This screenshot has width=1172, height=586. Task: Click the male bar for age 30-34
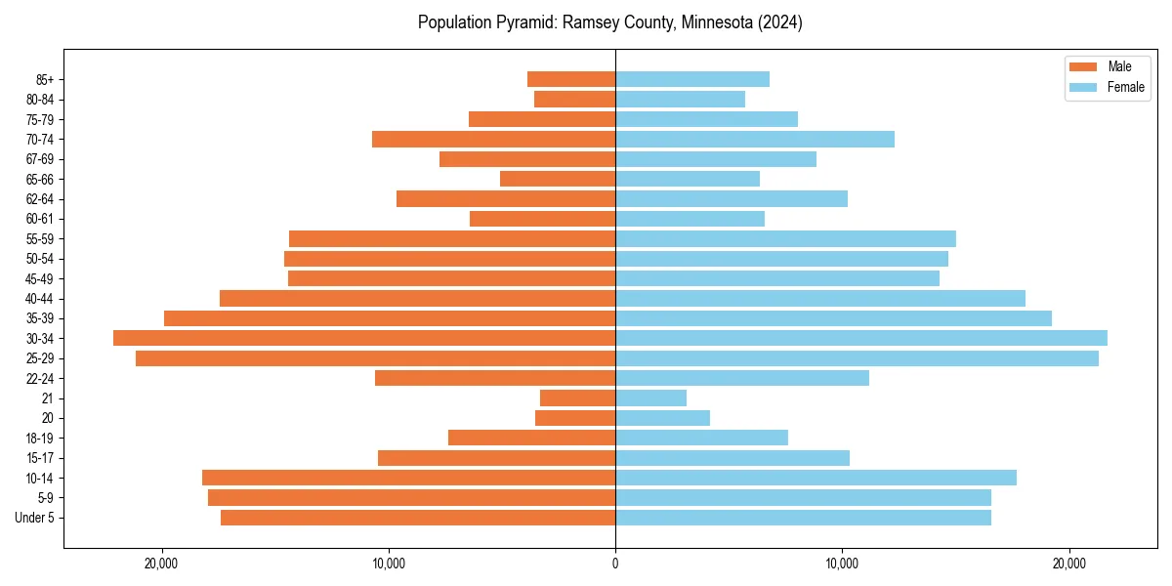point(364,338)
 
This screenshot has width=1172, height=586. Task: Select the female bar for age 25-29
point(857,358)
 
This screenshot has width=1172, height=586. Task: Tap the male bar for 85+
point(571,79)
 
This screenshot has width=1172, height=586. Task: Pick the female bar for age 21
point(650,398)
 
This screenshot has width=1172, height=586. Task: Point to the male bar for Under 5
point(418,518)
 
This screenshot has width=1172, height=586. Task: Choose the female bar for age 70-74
point(755,140)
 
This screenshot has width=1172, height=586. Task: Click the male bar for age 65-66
point(558,179)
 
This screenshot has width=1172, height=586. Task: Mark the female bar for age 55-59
point(785,239)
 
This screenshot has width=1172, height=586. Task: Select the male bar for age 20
point(575,418)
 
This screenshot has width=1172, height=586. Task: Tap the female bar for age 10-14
point(816,478)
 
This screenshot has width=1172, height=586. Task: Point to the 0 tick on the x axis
point(615,564)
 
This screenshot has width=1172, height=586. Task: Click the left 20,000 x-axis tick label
point(161,564)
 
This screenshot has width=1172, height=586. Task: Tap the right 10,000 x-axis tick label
point(842,564)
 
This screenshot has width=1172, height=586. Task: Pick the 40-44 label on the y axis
point(40,299)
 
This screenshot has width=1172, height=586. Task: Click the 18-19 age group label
point(40,439)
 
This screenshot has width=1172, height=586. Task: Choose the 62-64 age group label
point(40,199)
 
